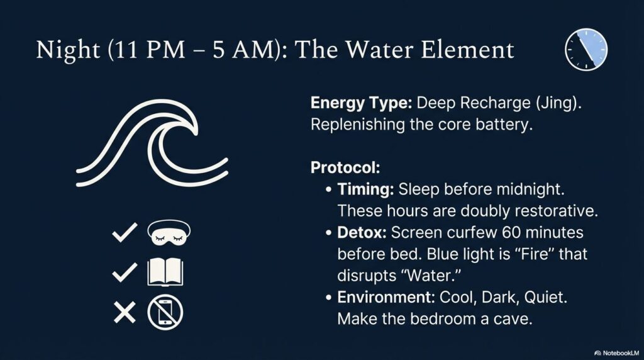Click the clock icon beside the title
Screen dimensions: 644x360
coord(586,49)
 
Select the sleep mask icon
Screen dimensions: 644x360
coord(169,233)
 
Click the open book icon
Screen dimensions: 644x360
coord(165,272)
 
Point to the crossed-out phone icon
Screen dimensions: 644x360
coord(165,312)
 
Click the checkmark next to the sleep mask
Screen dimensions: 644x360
coord(125,232)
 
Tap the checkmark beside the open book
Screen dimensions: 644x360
coord(125,272)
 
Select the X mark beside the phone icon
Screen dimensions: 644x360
coord(125,312)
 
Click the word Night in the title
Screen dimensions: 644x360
coord(68,50)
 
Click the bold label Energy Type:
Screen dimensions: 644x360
coord(361,103)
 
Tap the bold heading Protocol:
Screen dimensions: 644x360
coord(345,167)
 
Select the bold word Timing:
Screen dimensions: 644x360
coord(365,189)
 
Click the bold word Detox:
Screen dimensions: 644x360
coord(362,233)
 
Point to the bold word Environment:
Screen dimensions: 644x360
coord(386,297)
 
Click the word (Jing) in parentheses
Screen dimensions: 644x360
coord(558,103)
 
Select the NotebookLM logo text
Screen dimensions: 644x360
coord(617,353)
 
